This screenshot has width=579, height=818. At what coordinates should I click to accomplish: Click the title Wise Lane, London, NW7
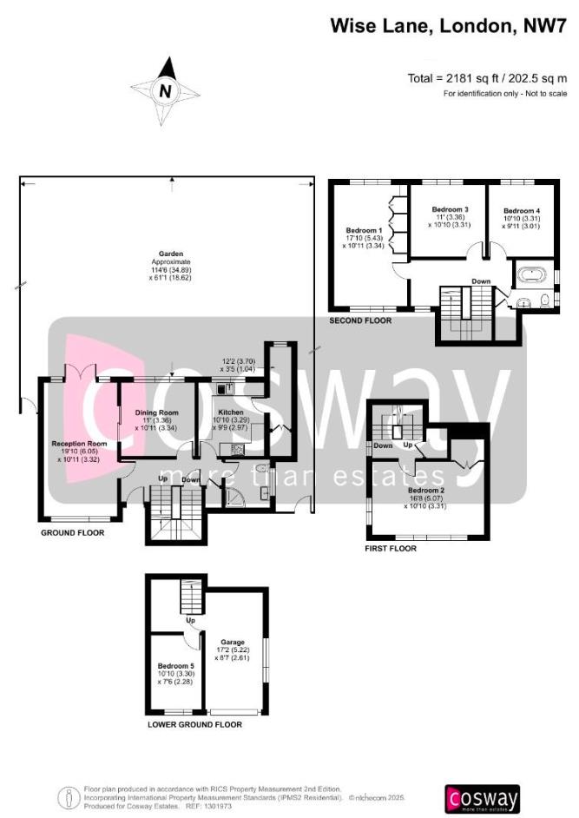(x=441, y=26)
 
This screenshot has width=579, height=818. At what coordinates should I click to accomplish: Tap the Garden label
(x=170, y=254)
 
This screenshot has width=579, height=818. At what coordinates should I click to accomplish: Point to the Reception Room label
(x=78, y=443)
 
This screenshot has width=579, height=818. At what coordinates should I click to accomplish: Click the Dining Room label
(x=156, y=412)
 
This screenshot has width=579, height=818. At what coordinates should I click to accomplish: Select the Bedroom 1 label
(x=365, y=230)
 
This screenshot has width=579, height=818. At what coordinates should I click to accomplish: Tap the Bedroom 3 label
(x=451, y=210)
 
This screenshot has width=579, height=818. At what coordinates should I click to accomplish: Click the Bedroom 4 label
(x=522, y=210)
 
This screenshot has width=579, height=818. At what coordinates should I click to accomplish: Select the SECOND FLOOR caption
(x=360, y=320)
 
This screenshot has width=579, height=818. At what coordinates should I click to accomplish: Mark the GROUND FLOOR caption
(x=73, y=531)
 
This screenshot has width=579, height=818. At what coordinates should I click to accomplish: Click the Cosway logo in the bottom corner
(x=482, y=797)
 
